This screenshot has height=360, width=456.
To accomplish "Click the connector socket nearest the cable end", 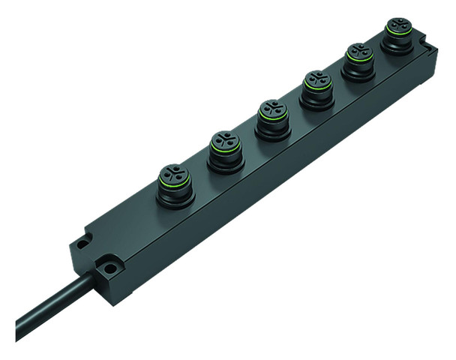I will [175, 182].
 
